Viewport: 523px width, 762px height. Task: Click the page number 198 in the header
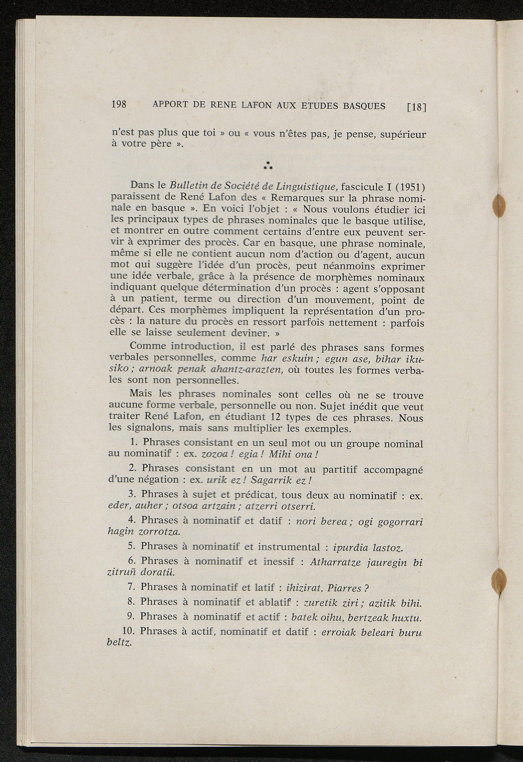(118, 104)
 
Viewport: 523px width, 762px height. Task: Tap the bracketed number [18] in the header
(416, 107)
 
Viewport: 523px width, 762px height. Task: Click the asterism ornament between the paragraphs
(267, 165)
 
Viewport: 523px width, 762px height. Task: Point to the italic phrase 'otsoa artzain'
(205, 506)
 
